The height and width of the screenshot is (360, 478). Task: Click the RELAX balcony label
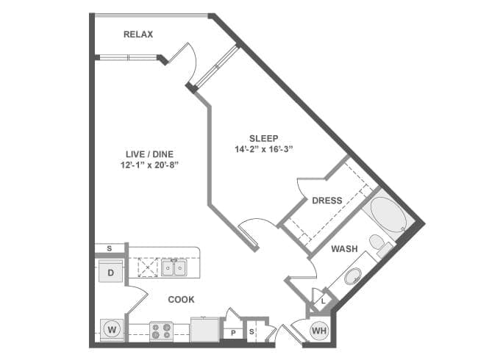point(138,34)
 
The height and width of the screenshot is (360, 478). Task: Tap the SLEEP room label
point(264,139)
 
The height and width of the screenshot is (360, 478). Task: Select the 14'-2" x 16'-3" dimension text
point(264,150)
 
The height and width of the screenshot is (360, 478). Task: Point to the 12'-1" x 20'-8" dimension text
point(149,165)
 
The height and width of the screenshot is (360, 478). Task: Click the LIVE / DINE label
point(149,154)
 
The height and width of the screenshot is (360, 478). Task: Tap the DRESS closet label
point(327,201)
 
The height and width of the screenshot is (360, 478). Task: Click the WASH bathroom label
point(344,249)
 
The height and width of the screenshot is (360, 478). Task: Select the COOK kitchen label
point(181,300)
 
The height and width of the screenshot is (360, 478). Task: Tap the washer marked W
point(112,330)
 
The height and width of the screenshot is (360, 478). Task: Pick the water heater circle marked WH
point(319,331)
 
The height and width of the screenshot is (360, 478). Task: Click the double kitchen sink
point(174,268)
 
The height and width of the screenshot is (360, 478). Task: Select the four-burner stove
point(161,331)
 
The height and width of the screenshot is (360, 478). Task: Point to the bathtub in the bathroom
point(388,214)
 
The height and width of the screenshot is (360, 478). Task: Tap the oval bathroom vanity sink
point(353,276)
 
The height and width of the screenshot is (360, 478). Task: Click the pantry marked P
point(233,333)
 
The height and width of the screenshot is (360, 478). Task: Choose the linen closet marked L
point(323,301)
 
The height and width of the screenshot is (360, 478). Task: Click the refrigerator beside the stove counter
point(204,330)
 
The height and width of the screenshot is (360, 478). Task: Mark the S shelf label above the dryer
point(109,248)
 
